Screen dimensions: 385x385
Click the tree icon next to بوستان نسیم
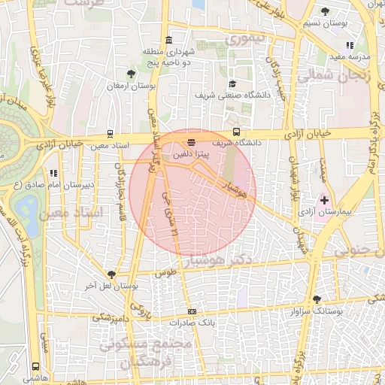click(x=325, y=11)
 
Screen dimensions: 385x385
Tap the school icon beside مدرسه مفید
click(x=371, y=46)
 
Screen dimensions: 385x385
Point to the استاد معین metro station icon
click(x=111, y=134)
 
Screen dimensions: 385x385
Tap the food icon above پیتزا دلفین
click(x=191, y=141)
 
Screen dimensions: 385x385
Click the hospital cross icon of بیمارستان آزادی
click(x=325, y=201)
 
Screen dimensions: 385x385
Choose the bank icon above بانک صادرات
click(x=192, y=311)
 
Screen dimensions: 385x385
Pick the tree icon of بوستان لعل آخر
click(x=111, y=274)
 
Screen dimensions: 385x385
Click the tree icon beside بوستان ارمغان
click(x=132, y=74)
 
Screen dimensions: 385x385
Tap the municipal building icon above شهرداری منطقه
click(x=167, y=40)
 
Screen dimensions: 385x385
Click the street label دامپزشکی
click(x=110, y=317)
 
